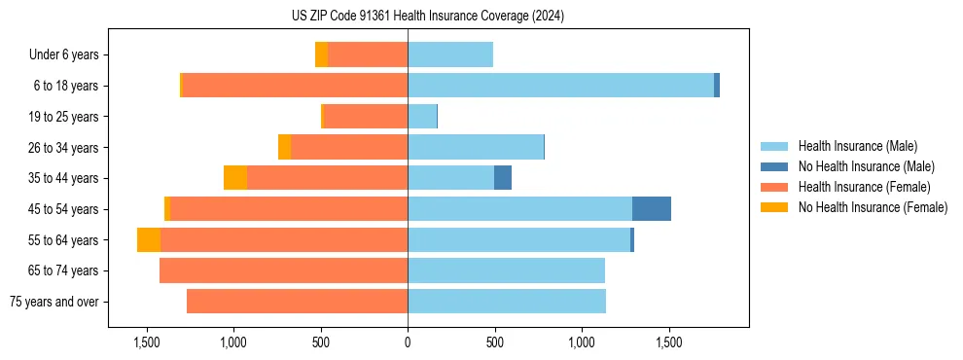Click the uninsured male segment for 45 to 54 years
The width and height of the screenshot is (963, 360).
point(651,209)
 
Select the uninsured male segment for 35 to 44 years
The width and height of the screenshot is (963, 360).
point(503,178)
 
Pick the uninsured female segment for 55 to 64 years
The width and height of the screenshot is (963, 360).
point(149,240)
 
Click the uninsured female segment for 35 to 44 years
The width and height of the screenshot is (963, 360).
point(235,178)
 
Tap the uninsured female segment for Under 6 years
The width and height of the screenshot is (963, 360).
point(321,55)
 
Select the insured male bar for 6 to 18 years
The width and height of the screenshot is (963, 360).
point(560,86)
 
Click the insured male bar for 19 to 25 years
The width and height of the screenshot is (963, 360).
point(422,117)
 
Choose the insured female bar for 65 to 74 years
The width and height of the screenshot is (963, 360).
point(283,270)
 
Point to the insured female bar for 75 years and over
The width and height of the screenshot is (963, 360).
point(297,302)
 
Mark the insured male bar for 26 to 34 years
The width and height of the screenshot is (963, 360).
point(476,148)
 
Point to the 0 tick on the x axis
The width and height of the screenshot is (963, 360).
point(408,343)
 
